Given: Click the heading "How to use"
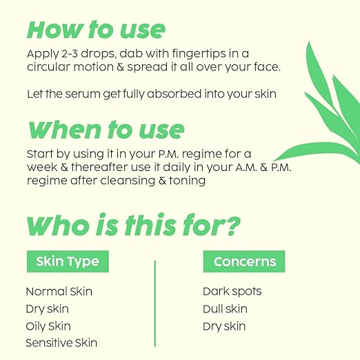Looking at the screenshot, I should point(96,30).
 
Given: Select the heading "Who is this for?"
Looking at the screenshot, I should point(134,225).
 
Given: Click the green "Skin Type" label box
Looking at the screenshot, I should point(67,261).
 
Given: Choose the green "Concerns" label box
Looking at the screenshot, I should point(244,261).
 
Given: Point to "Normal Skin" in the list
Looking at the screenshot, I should point(59,292).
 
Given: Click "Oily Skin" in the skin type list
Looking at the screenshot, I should point(48,326).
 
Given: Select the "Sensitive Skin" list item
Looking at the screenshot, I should point(61,343).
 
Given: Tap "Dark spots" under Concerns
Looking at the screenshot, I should point(232,292).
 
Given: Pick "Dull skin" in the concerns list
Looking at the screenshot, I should point(225,309).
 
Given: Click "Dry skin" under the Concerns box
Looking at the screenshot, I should point(224,326).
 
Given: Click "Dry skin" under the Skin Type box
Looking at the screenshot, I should point(47,309).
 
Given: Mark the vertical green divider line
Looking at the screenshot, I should point(154,303).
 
